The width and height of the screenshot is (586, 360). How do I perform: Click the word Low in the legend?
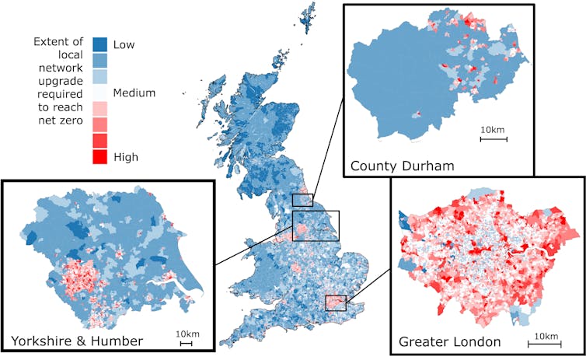point(124,45)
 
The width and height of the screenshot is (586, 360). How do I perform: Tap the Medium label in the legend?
point(134,93)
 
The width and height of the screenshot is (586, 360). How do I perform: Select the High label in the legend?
point(126,157)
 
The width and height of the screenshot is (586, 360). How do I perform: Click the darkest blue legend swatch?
point(99,44)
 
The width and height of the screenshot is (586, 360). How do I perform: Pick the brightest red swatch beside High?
point(99,156)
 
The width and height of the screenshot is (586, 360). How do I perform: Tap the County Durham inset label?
point(392,165)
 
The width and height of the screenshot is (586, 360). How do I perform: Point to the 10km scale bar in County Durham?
point(493,138)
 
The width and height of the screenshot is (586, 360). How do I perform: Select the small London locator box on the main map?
point(335,302)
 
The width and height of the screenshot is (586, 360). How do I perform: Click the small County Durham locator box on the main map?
point(303,200)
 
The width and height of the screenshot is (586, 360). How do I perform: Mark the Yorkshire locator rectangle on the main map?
point(316,225)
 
